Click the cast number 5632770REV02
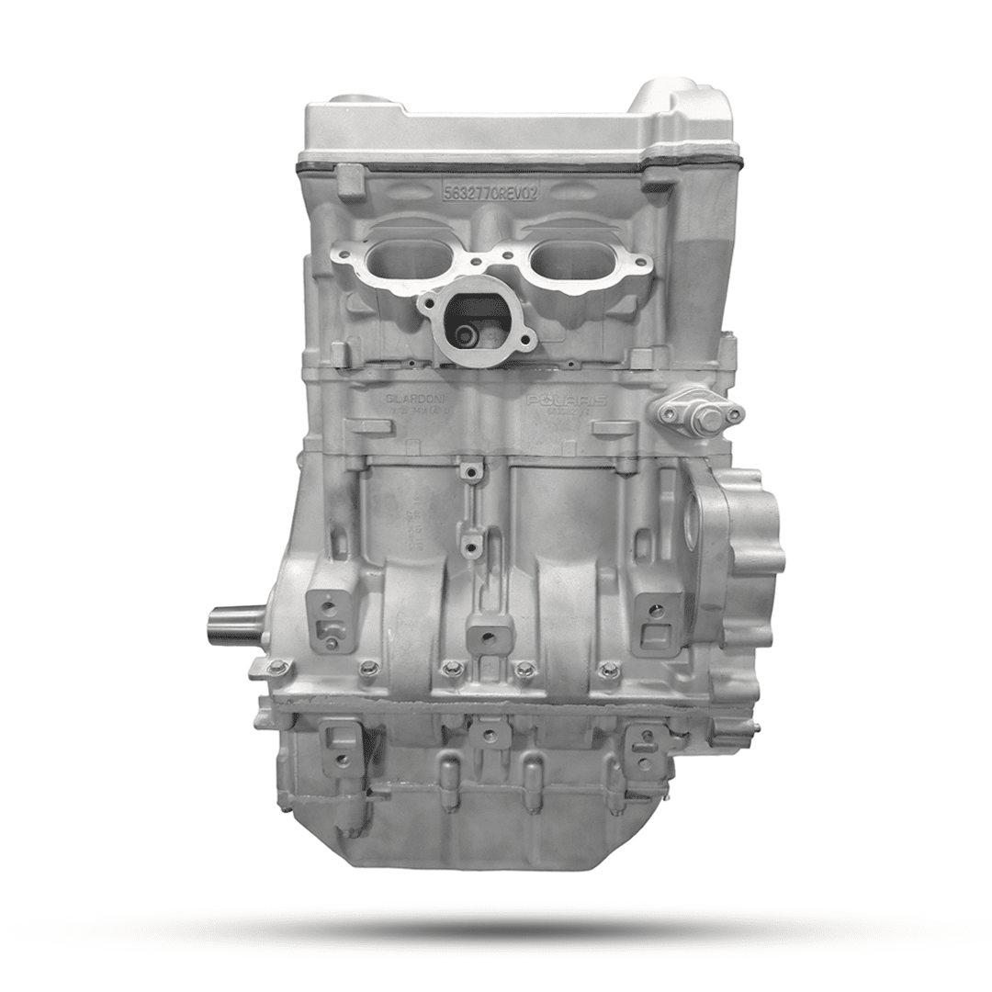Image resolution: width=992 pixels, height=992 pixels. coord(491,193)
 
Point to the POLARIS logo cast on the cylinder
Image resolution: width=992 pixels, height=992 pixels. coord(566,400)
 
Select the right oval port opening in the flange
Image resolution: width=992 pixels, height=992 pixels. coord(577,260)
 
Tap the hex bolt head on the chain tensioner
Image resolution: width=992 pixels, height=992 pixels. coord(705,419)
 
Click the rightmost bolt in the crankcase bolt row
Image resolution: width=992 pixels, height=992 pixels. coord(607,670)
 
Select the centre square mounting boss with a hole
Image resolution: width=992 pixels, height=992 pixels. coord(489,637)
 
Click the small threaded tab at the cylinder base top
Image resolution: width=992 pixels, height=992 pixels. coord(471,472)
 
